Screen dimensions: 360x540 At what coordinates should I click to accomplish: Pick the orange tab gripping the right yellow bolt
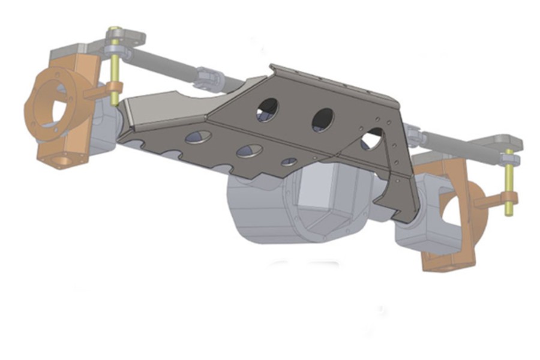click(x=493, y=201)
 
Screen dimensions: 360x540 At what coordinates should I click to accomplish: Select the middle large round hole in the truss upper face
click(x=322, y=119)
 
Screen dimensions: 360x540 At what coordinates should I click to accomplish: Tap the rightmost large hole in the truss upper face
click(x=373, y=139)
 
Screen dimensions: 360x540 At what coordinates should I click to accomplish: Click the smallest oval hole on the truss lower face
click(x=289, y=161)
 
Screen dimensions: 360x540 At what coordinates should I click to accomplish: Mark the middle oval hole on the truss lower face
click(x=250, y=151)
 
